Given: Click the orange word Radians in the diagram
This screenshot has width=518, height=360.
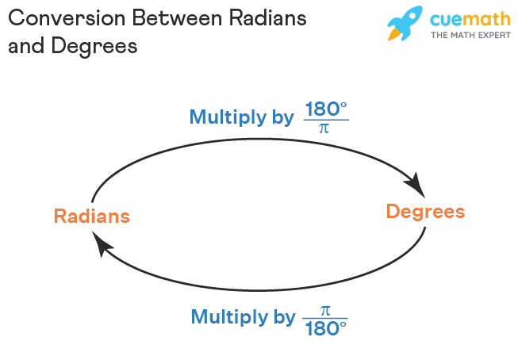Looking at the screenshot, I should (92, 216).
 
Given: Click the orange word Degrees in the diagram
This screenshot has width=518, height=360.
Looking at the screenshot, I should (425, 212).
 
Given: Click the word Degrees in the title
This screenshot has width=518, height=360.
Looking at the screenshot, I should (93, 47).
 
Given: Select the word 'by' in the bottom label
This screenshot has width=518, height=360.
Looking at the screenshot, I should (284, 318).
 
